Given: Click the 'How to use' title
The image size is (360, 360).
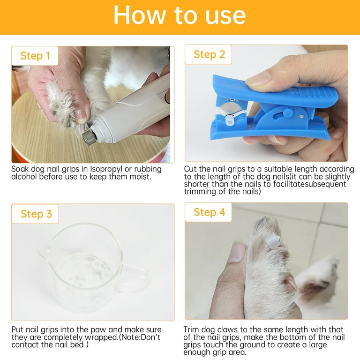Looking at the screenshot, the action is coord(180,15).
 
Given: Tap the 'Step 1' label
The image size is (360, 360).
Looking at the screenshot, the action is coord(35,56).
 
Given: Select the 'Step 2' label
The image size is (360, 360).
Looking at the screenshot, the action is coord(209,55).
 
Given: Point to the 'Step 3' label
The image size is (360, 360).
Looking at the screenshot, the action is coord(36,214).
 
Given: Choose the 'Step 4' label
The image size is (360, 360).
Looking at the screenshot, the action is coord(209,212).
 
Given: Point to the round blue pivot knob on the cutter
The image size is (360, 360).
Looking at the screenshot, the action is coord(288,112).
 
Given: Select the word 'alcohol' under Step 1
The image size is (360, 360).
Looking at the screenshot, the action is coord(24,177).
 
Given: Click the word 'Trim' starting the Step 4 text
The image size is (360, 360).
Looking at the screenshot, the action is coord(191,330).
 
